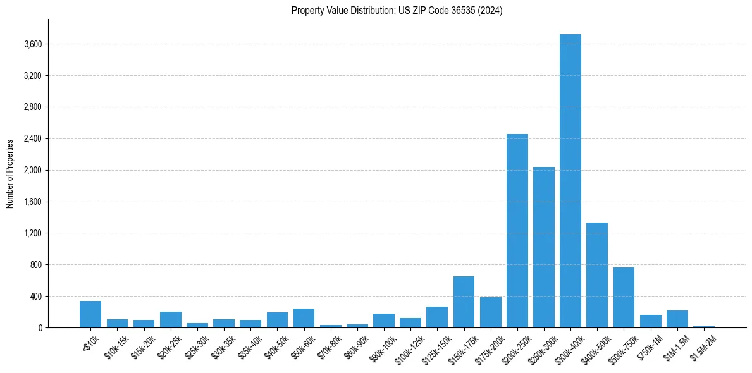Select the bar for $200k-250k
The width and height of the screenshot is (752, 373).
pos(517,231)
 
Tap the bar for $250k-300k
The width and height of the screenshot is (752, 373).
pos(543,247)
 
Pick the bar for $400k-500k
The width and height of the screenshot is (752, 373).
pos(596,275)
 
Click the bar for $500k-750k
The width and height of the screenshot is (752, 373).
pos(624,297)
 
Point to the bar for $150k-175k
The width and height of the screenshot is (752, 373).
pos(464,302)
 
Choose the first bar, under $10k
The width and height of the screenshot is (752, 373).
pos(90,314)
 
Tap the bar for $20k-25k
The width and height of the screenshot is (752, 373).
pos(170,320)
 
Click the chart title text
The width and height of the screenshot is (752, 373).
pos(397,11)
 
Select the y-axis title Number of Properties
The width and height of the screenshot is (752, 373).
pos(10,173)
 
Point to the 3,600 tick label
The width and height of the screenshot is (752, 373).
pos(33,44)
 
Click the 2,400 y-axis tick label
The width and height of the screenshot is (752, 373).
pos(33,139)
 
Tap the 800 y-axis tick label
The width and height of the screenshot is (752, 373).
pos(35,265)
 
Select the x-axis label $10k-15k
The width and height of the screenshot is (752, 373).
pos(114,346)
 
